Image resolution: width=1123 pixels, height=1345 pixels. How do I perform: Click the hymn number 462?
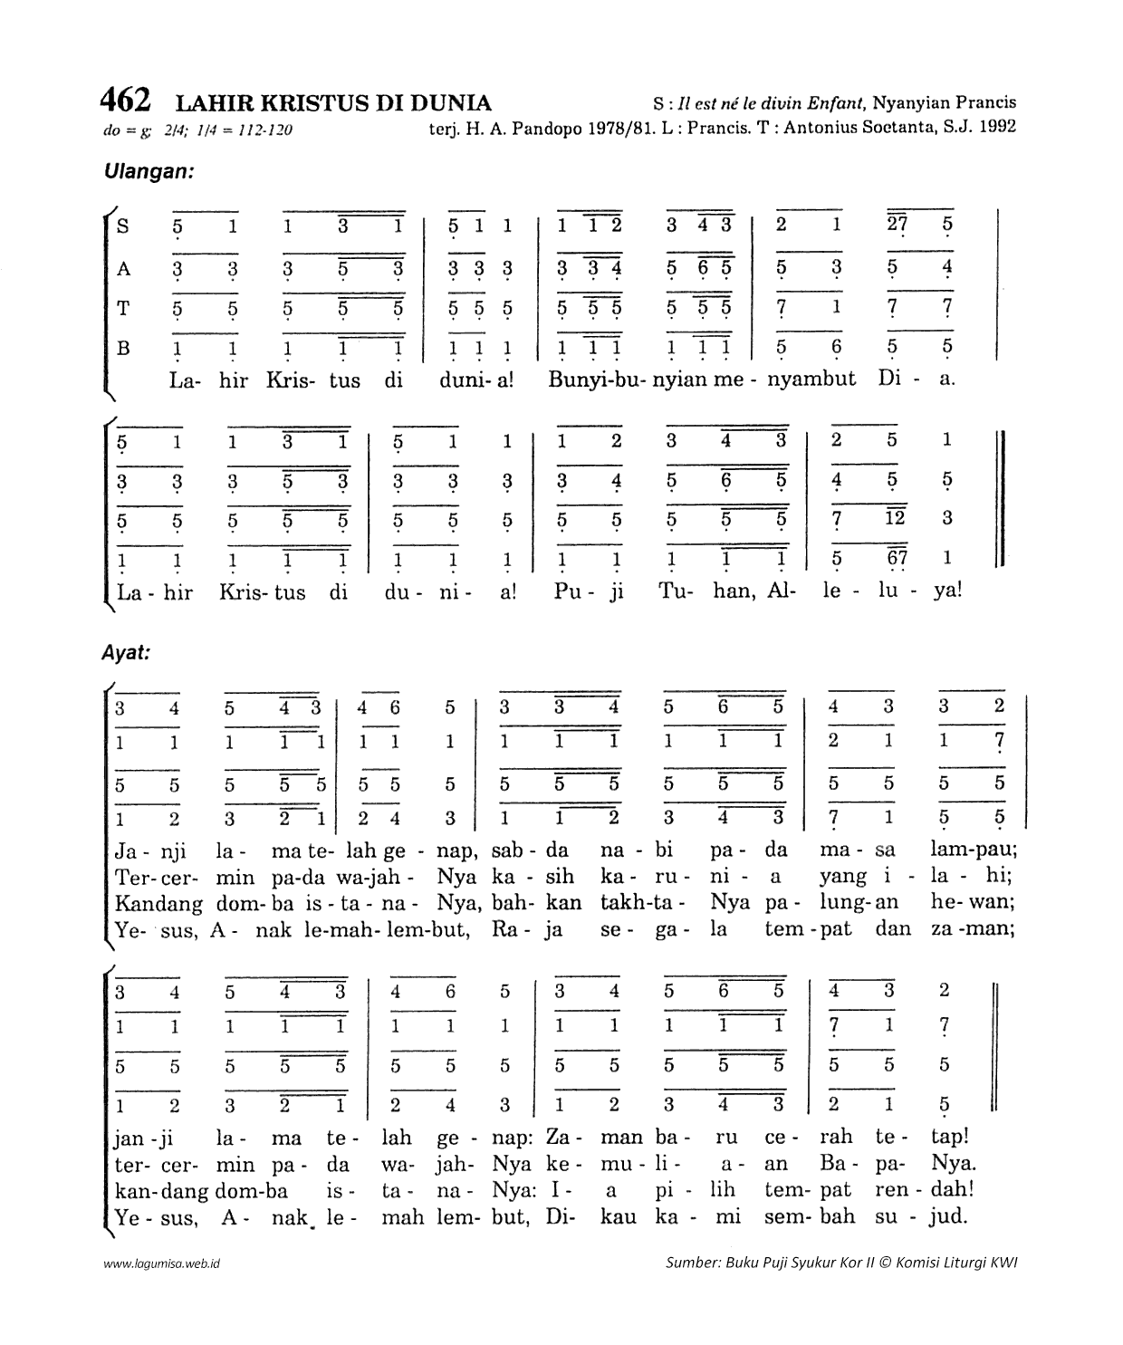click(126, 99)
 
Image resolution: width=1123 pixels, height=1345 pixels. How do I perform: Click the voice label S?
click(123, 226)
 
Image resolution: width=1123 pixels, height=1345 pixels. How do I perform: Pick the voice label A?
click(123, 269)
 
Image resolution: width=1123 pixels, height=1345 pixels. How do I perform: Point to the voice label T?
click(123, 308)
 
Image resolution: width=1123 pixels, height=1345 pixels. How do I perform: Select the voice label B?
click(123, 347)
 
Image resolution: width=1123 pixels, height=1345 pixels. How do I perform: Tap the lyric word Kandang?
click(159, 904)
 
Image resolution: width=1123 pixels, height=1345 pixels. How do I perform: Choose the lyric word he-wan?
click(973, 903)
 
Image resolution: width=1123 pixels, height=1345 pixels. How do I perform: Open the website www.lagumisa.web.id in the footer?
click(162, 1263)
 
